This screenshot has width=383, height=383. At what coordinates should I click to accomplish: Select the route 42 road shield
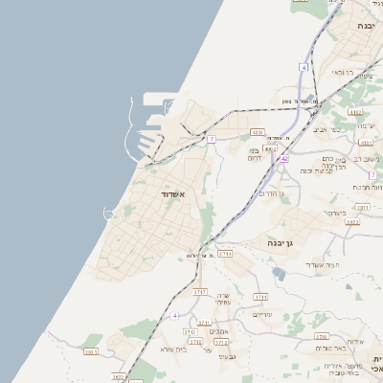click(284, 158)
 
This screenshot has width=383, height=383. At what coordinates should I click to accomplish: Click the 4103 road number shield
click(257, 132)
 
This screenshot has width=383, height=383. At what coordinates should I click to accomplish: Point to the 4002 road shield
click(271, 149)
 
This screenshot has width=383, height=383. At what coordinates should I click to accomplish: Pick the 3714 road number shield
click(226, 254)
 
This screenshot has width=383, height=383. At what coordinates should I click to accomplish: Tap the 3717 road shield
click(200, 290)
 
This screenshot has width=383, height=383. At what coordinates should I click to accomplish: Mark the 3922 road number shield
click(352, 222)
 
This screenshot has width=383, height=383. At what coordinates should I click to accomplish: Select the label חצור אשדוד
click(316, 264)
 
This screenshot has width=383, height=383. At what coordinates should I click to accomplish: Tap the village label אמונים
click(218, 332)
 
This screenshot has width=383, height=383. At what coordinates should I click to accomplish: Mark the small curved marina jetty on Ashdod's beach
click(108, 212)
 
